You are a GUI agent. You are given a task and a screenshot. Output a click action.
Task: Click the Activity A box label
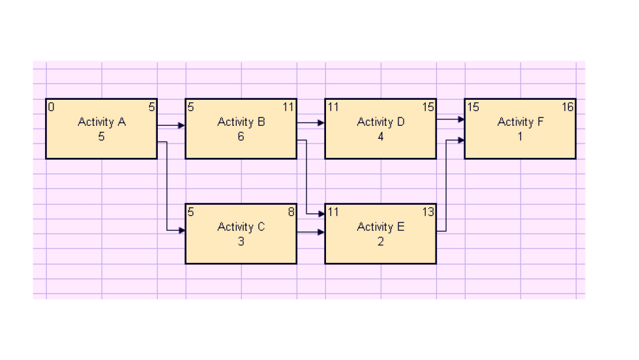102,122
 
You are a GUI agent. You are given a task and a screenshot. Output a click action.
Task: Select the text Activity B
241,122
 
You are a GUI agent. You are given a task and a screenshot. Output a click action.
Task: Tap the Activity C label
241,227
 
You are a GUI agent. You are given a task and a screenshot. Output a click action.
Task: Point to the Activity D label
381,122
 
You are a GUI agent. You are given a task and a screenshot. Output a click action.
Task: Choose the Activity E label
381,227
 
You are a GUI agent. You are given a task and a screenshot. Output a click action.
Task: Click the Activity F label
520,122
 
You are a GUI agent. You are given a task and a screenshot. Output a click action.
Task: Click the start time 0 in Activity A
51,107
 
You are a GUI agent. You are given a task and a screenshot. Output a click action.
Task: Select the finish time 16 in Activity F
568,107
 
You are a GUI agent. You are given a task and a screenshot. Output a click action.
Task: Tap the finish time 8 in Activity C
291,212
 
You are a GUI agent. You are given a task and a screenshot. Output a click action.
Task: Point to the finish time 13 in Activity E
428,212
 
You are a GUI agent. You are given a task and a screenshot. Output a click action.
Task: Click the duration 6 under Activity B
241,136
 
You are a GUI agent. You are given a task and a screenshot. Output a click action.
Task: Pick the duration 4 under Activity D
381,136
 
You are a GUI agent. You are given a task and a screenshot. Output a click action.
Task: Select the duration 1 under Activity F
520,136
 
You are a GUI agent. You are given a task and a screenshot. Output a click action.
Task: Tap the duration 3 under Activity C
241,241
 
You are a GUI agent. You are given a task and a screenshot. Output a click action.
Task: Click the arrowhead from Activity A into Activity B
182,126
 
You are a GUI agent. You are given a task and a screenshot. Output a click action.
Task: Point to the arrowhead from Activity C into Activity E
321,232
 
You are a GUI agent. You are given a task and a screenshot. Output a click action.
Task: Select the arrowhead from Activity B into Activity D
321,123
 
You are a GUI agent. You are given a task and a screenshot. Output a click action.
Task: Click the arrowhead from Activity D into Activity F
461,119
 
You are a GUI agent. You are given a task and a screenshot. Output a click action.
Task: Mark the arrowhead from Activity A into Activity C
182,230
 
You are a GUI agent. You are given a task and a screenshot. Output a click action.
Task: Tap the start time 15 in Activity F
473,107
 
